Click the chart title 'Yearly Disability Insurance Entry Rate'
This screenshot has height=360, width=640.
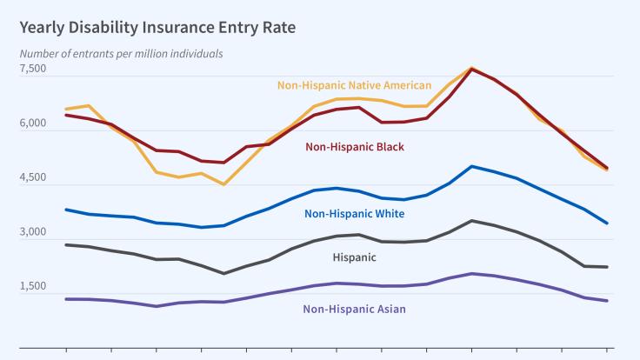tap(157, 27)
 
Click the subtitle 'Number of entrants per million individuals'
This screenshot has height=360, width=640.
tap(121, 54)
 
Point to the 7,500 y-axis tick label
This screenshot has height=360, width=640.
tap(33, 68)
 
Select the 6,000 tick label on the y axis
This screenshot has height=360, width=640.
tap(33, 123)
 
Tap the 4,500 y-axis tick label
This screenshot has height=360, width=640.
tap(33, 177)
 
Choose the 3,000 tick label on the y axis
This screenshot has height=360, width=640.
tap(33, 232)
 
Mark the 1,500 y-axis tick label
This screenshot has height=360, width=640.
tap(33, 286)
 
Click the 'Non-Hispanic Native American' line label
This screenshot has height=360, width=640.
tap(354, 85)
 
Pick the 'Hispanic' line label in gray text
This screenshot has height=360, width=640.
tap(355, 257)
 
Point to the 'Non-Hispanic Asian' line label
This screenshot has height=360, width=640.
tap(354, 308)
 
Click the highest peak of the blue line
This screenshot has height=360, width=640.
tap(471, 166)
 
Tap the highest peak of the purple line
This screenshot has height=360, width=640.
tap(471, 274)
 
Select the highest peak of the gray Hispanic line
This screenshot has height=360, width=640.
tap(471, 221)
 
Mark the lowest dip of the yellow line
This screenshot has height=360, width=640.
tap(223, 184)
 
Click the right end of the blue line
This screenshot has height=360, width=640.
tap(606, 223)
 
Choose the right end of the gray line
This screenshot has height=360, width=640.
tap(606, 267)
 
